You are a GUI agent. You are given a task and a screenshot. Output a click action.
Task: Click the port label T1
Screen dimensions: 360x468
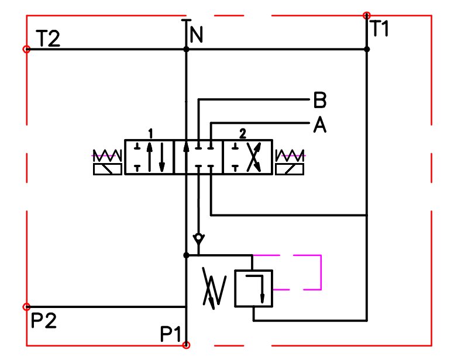(378, 28)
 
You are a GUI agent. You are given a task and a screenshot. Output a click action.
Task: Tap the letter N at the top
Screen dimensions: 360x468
(197, 36)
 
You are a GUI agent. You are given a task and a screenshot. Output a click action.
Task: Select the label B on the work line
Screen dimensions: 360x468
(319, 101)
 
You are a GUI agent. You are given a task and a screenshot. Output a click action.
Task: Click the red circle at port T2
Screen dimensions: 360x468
(26, 50)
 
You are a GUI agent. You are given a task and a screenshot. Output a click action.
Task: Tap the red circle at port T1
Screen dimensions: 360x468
(367, 15)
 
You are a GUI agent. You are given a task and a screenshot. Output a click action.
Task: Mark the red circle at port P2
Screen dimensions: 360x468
(26, 307)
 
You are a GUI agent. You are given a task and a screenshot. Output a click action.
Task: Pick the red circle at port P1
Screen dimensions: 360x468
(186, 345)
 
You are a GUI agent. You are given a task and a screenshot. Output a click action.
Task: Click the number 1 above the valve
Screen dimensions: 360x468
(150, 134)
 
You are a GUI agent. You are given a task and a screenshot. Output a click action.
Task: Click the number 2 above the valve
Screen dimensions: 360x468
(242, 134)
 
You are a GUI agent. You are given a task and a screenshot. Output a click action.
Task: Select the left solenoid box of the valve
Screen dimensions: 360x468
(108, 169)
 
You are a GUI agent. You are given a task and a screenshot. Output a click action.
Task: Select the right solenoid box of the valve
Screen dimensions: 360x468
(291, 169)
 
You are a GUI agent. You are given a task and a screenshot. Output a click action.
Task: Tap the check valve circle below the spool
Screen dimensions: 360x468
(199, 238)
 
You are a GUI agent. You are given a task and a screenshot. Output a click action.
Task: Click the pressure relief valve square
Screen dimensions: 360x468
(253, 288)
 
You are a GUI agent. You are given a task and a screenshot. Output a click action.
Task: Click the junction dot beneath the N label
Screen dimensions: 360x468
(186, 50)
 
